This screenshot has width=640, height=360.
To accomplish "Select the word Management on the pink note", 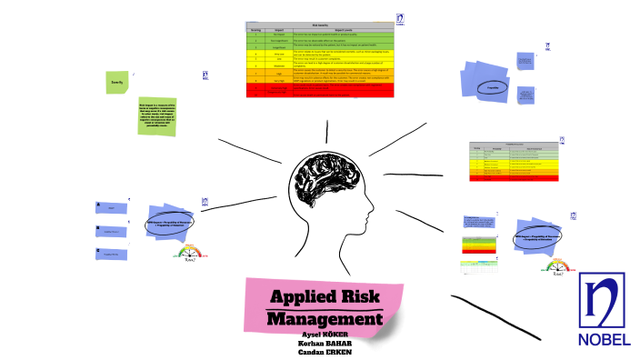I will click(325, 319).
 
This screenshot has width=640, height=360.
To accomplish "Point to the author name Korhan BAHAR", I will click(325, 344).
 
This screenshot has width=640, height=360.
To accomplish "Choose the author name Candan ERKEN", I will click(325, 353).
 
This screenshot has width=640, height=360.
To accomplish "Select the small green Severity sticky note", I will click(117, 82).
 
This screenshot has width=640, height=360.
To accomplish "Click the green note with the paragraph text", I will click(156, 116).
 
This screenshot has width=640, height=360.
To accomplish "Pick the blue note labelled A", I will click(111, 208).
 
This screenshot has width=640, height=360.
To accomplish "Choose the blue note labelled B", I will click(111, 230).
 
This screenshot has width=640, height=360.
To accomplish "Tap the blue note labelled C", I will click(111, 253).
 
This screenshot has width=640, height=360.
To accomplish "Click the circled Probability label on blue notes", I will click(492, 88).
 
